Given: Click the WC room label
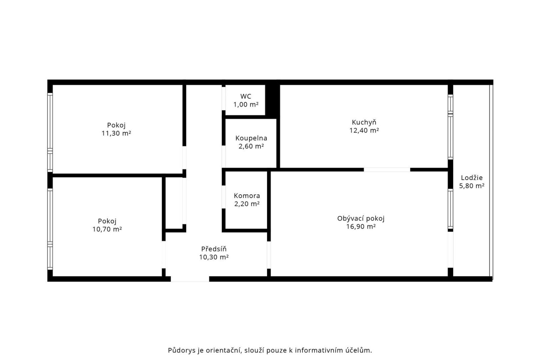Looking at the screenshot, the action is coord(246,96).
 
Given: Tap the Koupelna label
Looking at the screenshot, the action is coord(251,138).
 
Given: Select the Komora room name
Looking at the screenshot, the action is coord(247,196).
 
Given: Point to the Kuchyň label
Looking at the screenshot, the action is coord(364,122).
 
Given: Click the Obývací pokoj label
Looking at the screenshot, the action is coord(361,218).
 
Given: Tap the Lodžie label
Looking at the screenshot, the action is coord(472,178).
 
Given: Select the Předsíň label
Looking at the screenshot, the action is coord(214,249).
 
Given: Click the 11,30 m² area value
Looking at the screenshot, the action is coord(116,133).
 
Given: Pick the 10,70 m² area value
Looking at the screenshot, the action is coord(107,229).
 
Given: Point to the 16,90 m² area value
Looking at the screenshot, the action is coord(361,227).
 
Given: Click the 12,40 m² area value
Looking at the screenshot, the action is coord(364,130).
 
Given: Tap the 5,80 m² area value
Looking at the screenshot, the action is coord(472,186).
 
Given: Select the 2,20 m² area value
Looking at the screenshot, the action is coord(247,204).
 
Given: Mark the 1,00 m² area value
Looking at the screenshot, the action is coord(246,105).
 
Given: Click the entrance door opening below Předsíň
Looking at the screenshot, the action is coord(190,279).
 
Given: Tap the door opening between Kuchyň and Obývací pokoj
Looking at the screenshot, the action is coord(387,170).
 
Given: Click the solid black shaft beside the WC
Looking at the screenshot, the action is coord(272,100).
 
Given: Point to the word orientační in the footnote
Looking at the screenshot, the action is coord(224,350).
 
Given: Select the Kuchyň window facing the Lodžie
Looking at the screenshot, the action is coord(450,127).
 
